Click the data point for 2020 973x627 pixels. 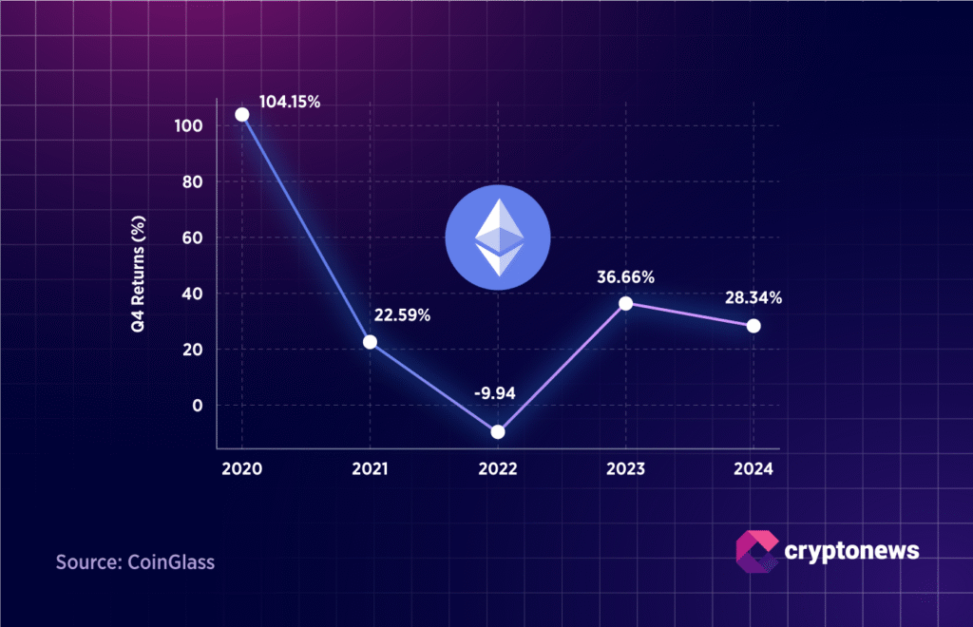[x=241, y=114]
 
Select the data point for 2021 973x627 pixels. [x=370, y=342]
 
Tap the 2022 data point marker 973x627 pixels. [x=498, y=432]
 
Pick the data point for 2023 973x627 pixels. [x=625, y=304]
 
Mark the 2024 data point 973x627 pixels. [x=754, y=326]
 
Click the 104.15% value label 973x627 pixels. [x=290, y=102]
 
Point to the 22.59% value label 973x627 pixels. [x=400, y=314]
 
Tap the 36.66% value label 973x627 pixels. [x=625, y=277]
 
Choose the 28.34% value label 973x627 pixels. [x=752, y=298]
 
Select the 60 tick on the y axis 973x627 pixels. [x=193, y=237]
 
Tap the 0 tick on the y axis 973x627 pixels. [x=198, y=406]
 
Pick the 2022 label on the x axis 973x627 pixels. [x=498, y=469]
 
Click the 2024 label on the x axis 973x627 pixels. [x=754, y=469]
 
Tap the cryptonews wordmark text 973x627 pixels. [x=852, y=550]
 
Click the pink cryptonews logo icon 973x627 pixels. [x=755, y=552]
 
